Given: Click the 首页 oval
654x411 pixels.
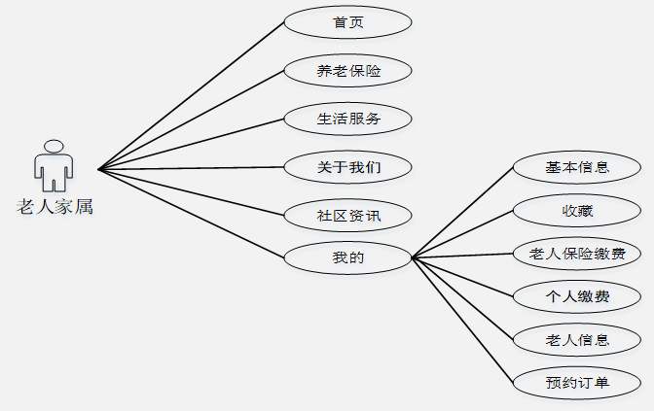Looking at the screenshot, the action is (x=347, y=22).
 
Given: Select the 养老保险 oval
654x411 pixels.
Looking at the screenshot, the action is (x=347, y=71).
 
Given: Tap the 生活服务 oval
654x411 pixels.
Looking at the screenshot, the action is (x=347, y=119).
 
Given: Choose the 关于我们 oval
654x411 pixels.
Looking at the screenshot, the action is (x=347, y=167).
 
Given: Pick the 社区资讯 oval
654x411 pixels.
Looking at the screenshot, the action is (x=347, y=215).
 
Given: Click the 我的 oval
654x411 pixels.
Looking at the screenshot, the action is (x=347, y=258).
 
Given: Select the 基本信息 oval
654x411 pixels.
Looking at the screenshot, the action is (x=577, y=167).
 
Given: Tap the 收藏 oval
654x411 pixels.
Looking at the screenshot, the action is (x=577, y=211).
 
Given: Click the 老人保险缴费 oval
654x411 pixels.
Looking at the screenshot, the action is (x=577, y=255).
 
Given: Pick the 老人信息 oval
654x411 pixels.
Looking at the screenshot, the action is (x=577, y=339).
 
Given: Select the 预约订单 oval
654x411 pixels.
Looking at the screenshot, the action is (x=577, y=383).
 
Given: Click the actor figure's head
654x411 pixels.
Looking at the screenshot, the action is (x=54, y=147).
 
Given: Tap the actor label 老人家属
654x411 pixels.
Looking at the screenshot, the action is (x=54, y=206).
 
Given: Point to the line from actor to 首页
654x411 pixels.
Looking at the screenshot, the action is (x=191, y=95).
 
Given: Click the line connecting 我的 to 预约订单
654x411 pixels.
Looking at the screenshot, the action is (x=462, y=320).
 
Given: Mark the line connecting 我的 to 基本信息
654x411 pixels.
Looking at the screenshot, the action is (x=462, y=212).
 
